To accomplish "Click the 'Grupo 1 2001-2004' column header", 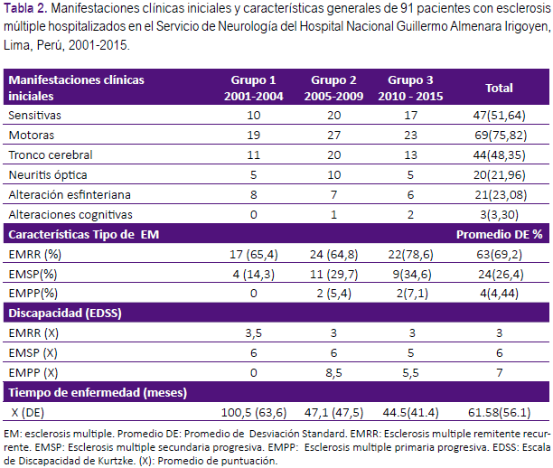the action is coord(254,88).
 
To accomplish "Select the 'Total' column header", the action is coord(499,88).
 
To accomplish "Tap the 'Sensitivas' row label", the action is coord(34,116).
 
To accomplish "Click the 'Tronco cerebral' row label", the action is coord(51,154).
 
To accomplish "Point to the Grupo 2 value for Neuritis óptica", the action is coord(333,175).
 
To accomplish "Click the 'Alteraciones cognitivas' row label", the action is coord(70,214).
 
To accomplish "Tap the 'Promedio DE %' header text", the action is coord(500,235).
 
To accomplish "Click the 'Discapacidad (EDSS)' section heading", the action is coord(65,314).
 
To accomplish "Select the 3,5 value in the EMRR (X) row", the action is coord(254,333).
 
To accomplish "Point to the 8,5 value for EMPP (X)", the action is coord(333,373).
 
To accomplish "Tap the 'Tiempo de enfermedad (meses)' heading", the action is coord(98,392).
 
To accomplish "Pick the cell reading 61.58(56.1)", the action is coord(500,412).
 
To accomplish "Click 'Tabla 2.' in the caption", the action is coord(25,8).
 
